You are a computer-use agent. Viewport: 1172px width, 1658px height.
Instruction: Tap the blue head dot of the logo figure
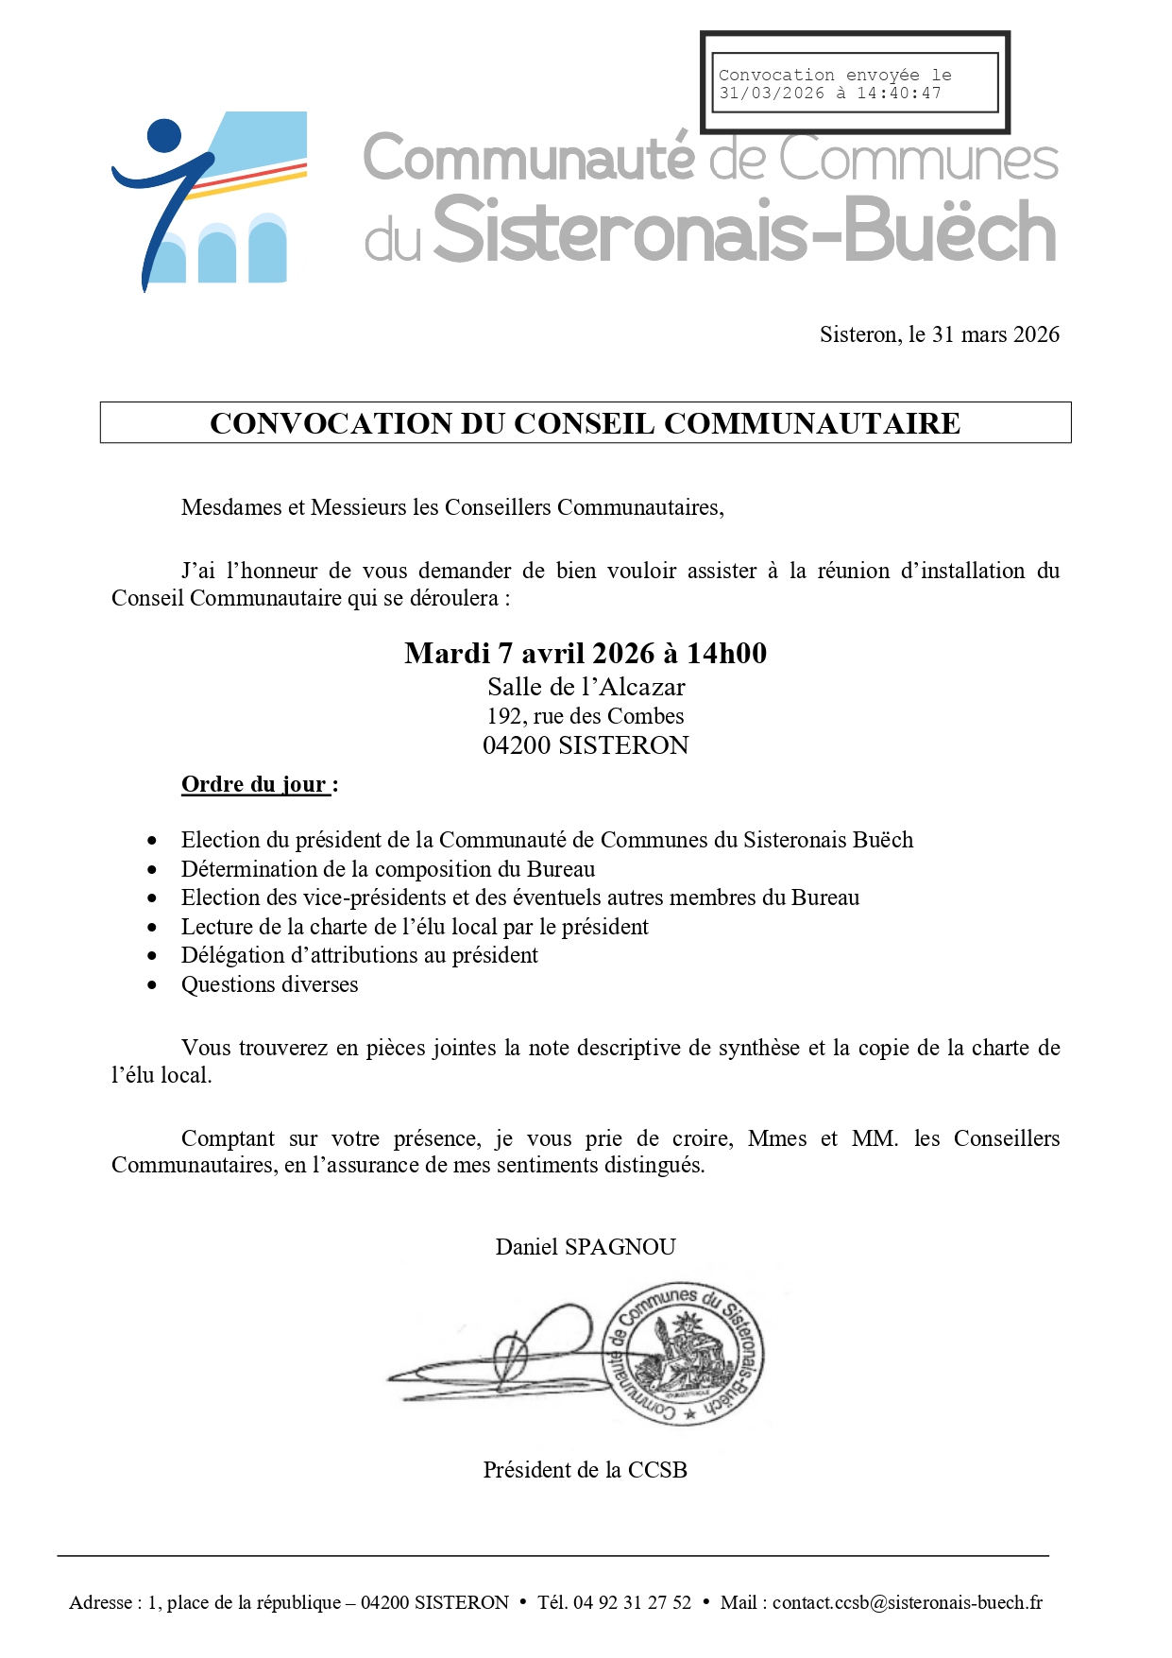164,135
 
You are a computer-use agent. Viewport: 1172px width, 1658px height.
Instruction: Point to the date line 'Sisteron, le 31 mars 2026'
939,334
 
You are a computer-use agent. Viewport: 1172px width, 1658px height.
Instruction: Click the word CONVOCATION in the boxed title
330,423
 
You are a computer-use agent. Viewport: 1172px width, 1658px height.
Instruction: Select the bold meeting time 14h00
726,654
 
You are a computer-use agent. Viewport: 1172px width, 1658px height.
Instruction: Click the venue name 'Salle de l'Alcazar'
586,687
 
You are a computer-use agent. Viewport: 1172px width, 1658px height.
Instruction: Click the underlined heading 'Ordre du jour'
254,784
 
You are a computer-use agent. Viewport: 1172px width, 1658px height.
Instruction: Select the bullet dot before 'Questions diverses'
153,985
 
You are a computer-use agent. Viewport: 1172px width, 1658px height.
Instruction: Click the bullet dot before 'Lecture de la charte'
153,928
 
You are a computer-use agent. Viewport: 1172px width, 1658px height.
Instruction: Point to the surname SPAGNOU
620,1247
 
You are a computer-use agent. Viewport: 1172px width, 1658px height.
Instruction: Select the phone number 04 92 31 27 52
632,1602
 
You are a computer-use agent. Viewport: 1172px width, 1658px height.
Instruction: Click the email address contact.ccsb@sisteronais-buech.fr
907,1602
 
